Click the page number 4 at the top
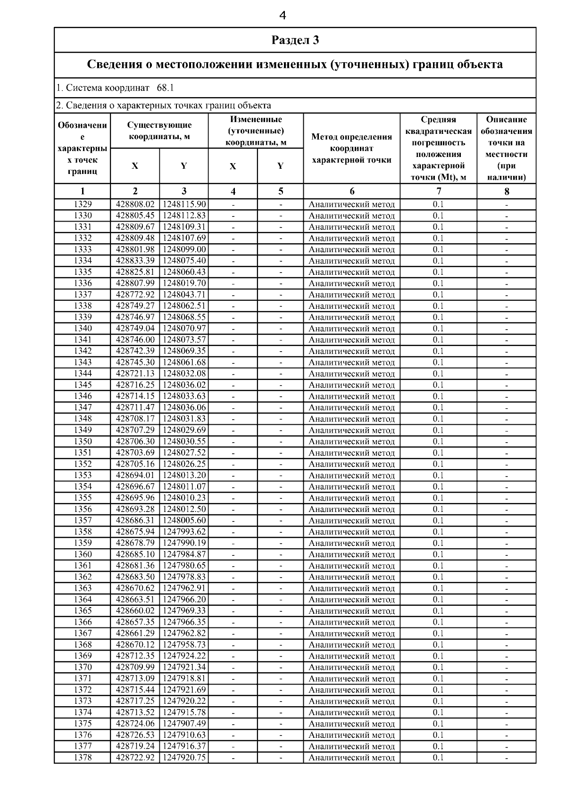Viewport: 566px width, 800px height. click(x=283, y=16)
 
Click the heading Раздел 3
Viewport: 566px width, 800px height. click(x=295, y=40)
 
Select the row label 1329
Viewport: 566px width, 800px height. click(x=83, y=204)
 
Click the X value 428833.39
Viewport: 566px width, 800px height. click(x=135, y=261)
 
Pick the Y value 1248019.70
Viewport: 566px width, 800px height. click(x=184, y=283)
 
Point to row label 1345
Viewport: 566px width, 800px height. click(x=83, y=385)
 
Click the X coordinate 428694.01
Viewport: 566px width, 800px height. click(x=135, y=475)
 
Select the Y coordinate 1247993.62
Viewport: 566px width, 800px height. click(x=184, y=532)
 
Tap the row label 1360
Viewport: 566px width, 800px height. click(x=83, y=554)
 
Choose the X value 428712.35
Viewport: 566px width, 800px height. click(x=135, y=656)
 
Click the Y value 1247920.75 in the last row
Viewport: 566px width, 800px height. click(x=184, y=758)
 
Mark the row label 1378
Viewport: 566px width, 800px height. click(x=83, y=758)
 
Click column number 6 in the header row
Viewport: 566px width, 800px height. click(x=352, y=191)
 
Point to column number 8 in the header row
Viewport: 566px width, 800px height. click(x=507, y=191)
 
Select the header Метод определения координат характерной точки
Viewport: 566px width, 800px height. click(x=352, y=148)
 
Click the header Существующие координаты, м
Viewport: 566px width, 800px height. click(x=159, y=131)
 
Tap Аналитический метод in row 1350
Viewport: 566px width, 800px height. click(x=352, y=442)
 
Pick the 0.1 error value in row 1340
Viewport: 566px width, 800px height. click(x=438, y=329)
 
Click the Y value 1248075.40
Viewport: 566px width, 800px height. click(x=184, y=261)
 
